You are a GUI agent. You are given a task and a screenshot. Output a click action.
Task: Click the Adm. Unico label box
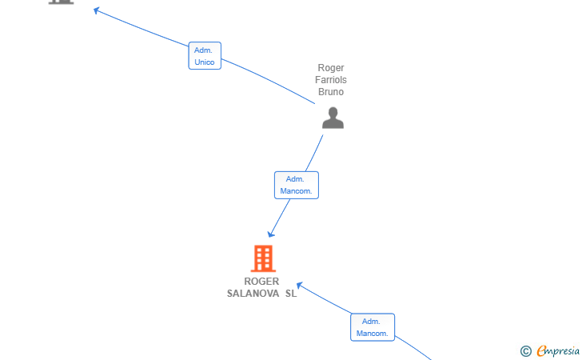click(205, 56)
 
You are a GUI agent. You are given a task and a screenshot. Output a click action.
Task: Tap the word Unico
click(205, 62)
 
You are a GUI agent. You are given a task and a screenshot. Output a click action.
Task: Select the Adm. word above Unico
click(203, 50)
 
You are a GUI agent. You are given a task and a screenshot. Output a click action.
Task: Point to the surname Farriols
click(331, 80)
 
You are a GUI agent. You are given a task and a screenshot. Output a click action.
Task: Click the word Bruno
click(331, 92)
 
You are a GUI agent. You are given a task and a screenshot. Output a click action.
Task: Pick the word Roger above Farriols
click(331, 68)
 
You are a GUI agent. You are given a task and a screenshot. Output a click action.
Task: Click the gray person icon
click(333, 118)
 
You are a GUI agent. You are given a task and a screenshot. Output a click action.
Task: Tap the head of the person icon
click(333, 112)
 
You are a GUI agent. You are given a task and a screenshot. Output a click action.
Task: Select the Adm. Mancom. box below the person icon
click(297, 185)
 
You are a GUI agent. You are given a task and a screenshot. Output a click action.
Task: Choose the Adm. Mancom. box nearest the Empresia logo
click(373, 327)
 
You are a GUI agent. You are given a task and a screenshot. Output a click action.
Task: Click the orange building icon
click(263, 258)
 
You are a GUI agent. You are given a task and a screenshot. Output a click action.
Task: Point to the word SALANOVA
click(253, 294)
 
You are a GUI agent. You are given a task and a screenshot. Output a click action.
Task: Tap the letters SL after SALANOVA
click(291, 294)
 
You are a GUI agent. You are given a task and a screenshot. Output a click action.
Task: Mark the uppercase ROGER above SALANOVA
click(261, 282)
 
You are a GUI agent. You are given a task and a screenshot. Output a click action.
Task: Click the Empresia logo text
click(558, 350)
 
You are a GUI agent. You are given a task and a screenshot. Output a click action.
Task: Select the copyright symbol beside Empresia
click(526, 351)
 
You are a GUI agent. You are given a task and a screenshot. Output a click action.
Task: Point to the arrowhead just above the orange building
click(271, 234)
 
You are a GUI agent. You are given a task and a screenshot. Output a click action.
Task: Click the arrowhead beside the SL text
click(300, 286)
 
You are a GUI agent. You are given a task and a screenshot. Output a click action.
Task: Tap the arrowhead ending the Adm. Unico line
click(97, 10)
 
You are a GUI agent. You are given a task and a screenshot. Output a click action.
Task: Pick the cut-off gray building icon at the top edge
click(62, 2)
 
